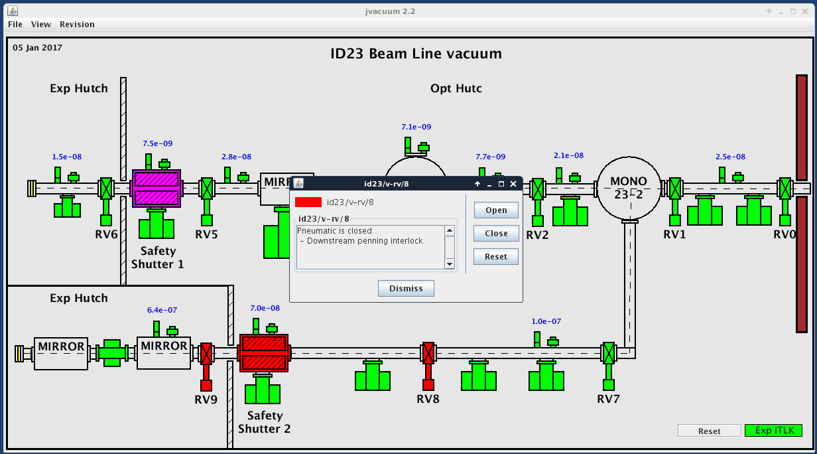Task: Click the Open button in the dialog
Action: coord(496,210)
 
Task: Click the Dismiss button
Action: coord(406,288)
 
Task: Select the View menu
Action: coord(41,24)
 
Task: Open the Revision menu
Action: coord(77,24)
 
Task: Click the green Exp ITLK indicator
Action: coord(774,431)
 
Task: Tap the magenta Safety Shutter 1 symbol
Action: coord(157,189)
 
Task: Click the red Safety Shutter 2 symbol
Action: coord(264,353)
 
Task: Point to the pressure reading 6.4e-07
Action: coord(162,310)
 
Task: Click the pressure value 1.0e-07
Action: coord(546,321)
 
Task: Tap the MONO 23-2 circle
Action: coord(629,189)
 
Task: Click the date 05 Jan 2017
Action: coord(37,47)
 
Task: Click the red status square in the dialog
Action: coord(308,202)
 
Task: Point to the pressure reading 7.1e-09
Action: coord(416,127)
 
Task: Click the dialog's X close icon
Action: coord(513,184)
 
